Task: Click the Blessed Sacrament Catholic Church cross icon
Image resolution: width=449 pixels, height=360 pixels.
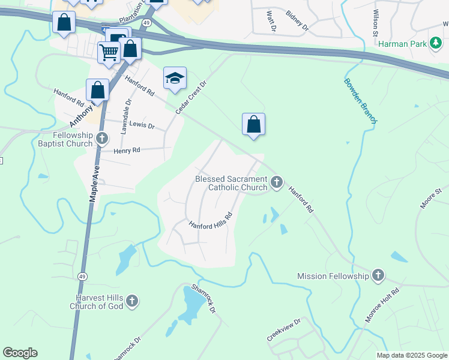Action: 276,182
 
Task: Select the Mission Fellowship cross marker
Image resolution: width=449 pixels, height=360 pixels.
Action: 378,276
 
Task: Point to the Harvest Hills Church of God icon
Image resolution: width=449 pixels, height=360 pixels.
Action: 132,301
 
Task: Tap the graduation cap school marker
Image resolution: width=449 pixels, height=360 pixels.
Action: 175,78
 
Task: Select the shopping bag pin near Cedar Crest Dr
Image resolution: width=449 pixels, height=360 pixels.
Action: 254,125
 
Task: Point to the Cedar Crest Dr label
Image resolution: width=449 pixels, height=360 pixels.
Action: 191,98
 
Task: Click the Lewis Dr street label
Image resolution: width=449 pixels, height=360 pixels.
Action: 142,127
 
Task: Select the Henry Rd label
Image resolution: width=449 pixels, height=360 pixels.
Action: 127,151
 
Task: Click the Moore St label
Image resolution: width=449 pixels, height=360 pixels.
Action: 431,199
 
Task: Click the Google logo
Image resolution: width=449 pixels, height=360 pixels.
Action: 20,353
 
